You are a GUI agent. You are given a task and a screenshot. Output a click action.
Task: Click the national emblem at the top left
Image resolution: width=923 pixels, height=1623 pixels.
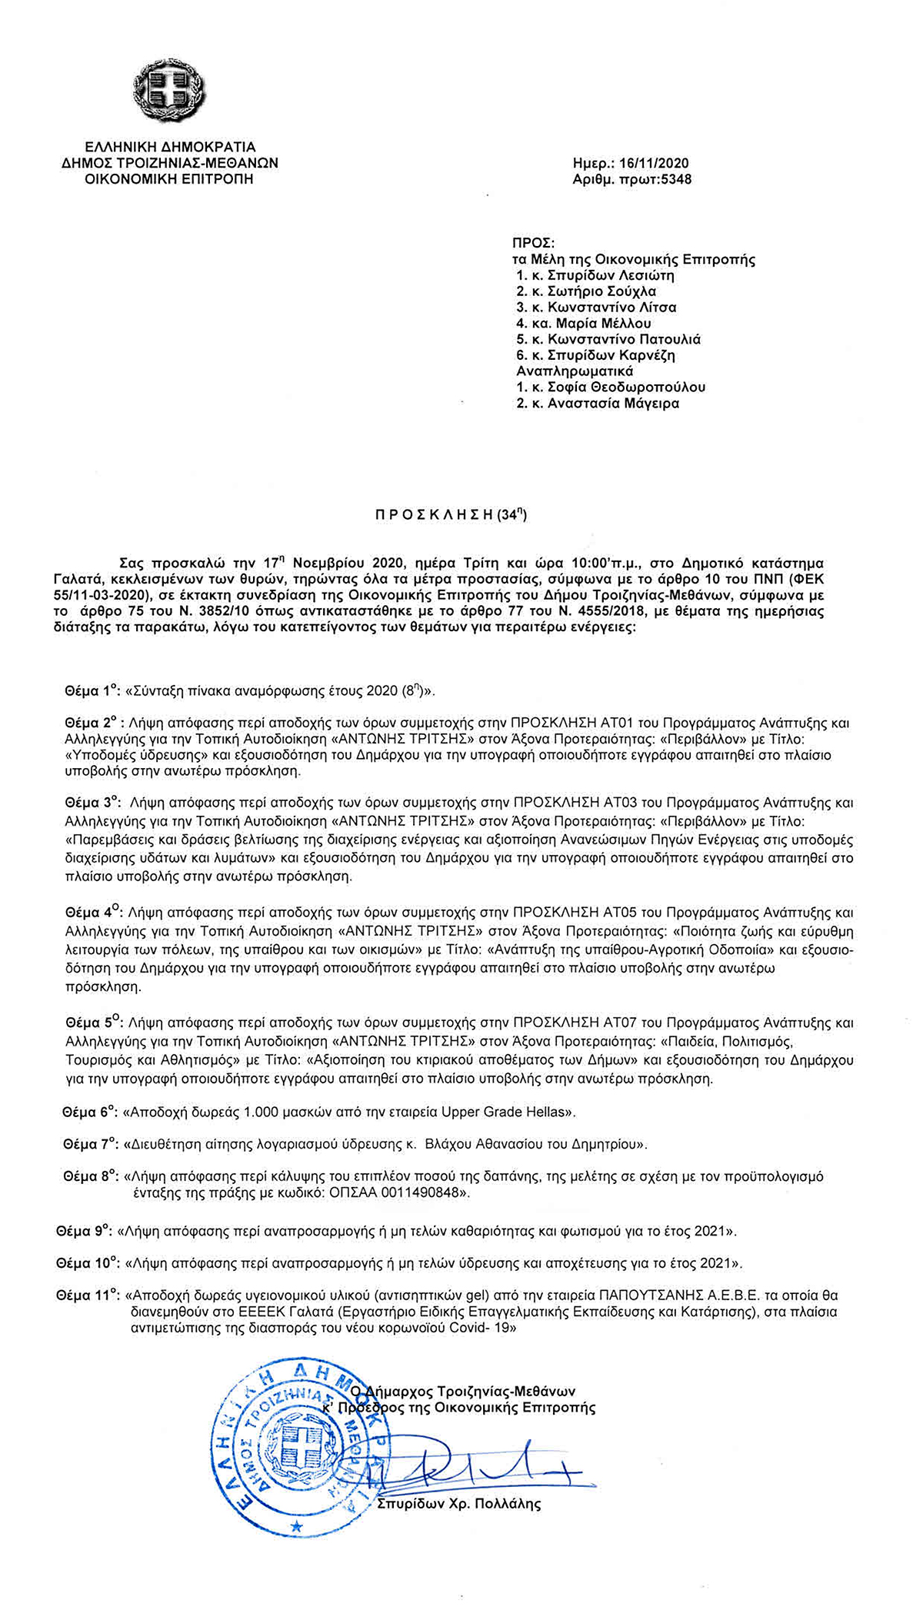[x=169, y=92]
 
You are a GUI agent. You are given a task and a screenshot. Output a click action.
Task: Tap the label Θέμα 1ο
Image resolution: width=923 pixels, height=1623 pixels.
[x=91, y=691]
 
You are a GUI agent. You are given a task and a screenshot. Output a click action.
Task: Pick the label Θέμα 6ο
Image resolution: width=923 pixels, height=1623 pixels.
[x=89, y=1112]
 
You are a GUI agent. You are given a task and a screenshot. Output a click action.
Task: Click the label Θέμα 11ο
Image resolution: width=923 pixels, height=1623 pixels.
[x=88, y=1295]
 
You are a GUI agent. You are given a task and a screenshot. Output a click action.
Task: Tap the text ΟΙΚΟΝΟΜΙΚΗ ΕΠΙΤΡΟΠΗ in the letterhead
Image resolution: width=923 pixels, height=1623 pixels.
[x=169, y=179]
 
